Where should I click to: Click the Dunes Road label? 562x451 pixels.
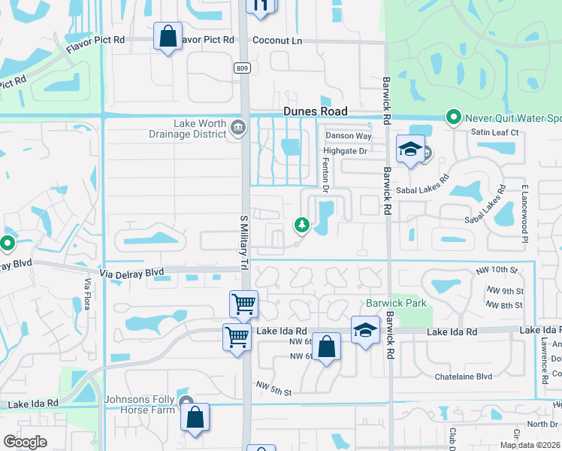pos(316,111)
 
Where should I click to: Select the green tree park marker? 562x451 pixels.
pos(301,225)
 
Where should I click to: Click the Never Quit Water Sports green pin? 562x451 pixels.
pos(453,118)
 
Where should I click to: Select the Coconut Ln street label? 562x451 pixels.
pos(277,41)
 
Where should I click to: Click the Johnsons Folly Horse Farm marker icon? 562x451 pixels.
pos(186,402)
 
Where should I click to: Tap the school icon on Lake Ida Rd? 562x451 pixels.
pos(365,330)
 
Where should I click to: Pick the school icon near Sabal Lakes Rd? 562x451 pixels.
pos(411,150)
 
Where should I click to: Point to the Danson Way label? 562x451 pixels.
pos(349,136)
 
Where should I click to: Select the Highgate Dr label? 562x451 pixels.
pos(346,151)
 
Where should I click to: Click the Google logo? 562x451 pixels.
pos(25,442)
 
